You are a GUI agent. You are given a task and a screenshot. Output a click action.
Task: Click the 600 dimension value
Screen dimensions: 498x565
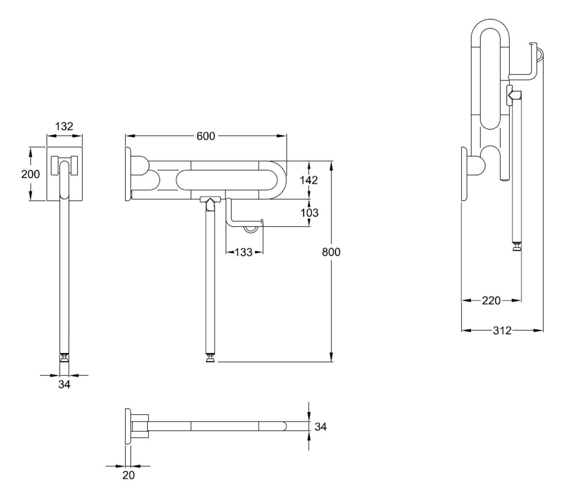click(x=206, y=136)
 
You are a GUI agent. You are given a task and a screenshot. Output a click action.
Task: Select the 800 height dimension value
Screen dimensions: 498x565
click(x=331, y=252)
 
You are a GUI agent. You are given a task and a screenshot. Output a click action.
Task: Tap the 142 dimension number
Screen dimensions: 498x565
click(x=309, y=180)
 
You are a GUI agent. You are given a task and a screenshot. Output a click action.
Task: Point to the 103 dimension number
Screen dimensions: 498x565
click(x=309, y=213)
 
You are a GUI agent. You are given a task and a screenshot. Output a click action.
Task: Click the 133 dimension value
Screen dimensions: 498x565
click(x=244, y=252)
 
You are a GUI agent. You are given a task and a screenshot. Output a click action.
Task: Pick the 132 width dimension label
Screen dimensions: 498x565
click(x=64, y=126)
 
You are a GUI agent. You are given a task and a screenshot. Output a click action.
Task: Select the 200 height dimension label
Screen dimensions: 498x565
click(x=30, y=174)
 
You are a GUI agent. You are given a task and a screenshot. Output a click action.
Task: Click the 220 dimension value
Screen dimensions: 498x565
click(x=491, y=301)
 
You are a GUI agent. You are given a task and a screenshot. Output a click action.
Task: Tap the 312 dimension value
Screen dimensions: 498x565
click(x=502, y=330)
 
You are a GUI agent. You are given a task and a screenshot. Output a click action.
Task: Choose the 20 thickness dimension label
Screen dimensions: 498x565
click(x=128, y=475)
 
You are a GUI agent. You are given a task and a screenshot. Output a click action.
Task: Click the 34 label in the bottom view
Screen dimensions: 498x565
click(x=320, y=426)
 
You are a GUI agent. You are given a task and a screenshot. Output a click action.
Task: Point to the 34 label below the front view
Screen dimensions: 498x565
click(x=64, y=384)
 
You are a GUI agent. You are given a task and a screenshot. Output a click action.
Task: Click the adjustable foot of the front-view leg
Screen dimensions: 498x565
click(x=64, y=357)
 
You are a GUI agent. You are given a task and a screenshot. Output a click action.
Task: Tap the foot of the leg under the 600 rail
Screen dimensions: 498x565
click(x=210, y=358)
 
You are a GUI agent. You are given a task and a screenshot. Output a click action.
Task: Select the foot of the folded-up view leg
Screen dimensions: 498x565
click(x=517, y=247)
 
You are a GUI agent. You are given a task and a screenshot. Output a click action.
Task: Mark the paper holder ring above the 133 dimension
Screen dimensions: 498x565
click(x=250, y=230)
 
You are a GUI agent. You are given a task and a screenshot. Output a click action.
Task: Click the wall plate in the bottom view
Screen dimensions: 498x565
click(x=128, y=426)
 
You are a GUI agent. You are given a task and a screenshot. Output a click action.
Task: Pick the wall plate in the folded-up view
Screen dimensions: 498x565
click(x=464, y=174)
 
